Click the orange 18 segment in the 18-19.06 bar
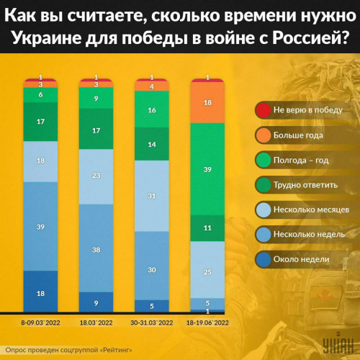point(207,103)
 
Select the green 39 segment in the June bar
point(207,169)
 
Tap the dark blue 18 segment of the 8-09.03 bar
point(40,292)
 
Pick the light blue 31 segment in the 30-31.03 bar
point(152,196)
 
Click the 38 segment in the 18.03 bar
point(96,248)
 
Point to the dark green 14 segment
point(152,144)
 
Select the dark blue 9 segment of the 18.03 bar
point(96,302)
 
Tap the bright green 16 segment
point(152,109)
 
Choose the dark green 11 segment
point(207,228)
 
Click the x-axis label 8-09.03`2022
point(40,323)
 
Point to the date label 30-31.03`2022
point(152,323)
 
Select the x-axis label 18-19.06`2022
point(207,323)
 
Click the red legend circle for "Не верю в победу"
point(264,110)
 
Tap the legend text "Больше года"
point(298,135)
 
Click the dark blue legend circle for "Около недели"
point(264,259)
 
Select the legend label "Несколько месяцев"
point(311,210)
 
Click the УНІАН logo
point(338,343)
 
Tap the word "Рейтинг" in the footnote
point(117,350)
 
